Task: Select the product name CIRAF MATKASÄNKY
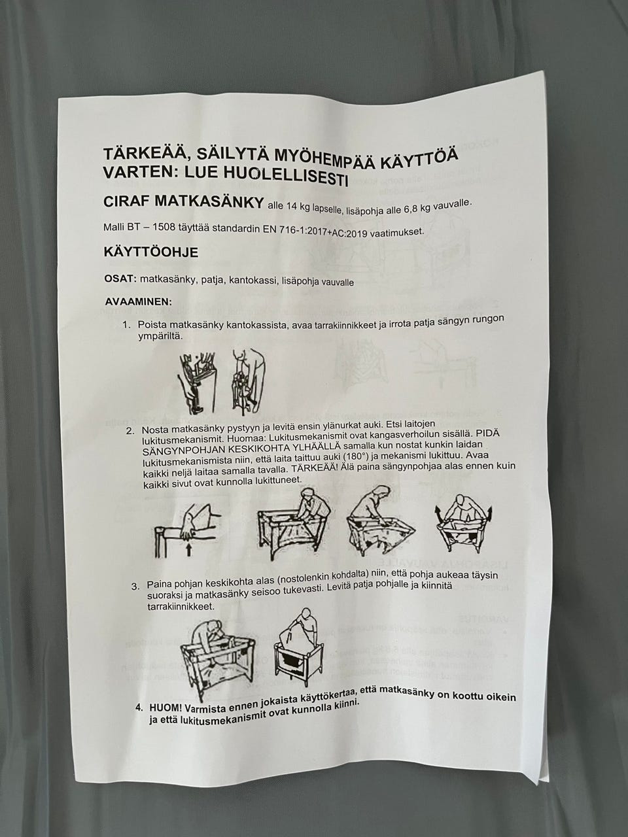(x=183, y=202)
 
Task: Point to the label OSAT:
(x=120, y=279)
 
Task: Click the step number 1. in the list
(x=126, y=324)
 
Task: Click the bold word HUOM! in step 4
(x=164, y=708)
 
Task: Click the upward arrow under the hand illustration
(x=188, y=550)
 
